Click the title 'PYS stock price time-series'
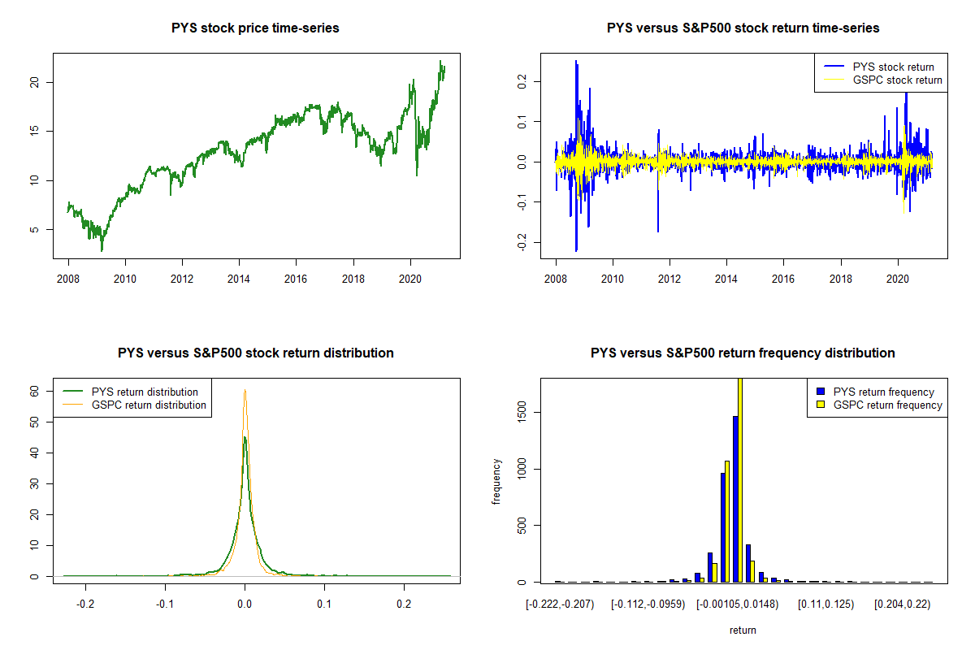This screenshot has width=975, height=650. [x=255, y=28]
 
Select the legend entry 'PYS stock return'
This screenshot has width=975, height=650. [x=893, y=67]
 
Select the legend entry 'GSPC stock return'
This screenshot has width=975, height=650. [x=897, y=80]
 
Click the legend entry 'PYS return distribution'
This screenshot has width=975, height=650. [x=145, y=392]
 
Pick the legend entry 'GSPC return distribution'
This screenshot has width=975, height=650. [x=149, y=405]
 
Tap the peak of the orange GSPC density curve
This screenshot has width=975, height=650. [x=245, y=391]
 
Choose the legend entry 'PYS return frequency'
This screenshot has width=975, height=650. [x=884, y=392]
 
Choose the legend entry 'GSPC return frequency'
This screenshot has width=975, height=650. [x=887, y=405]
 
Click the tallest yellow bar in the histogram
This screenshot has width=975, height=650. [x=740, y=479]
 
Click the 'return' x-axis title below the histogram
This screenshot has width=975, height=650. [x=742, y=630]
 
